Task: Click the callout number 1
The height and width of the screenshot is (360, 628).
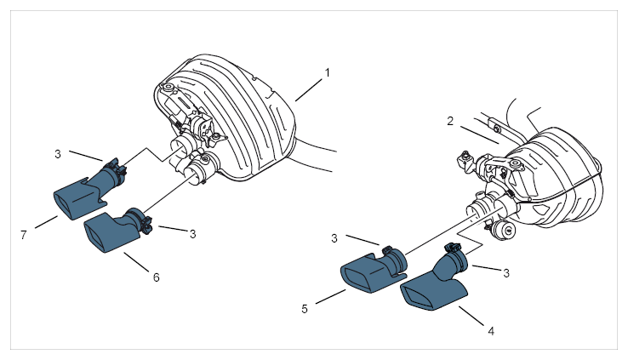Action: tap(328, 73)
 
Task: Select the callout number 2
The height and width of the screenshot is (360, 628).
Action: tap(450, 121)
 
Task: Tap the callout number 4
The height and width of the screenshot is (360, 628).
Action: tap(491, 331)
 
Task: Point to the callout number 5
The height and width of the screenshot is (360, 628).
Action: tap(305, 309)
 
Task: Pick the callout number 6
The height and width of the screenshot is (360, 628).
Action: tap(157, 277)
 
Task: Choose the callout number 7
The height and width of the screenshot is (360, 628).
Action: tap(24, 235)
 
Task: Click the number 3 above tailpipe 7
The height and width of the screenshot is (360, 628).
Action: tap(58, 154)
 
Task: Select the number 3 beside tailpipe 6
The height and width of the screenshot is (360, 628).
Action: tap(192, 234)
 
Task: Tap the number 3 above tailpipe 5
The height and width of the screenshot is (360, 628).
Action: tap(334, 238)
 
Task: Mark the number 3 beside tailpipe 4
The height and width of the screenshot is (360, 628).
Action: tap(506, 273)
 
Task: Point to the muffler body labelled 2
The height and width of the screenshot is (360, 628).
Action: tap(557, 176)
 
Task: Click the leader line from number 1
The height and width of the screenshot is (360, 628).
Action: tap(309, 89)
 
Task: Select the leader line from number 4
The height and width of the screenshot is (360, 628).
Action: tap(471, 316)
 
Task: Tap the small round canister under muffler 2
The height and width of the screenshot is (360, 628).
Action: tap(504, 231)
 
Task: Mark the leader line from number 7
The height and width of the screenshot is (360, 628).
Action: tap(47, 222)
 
